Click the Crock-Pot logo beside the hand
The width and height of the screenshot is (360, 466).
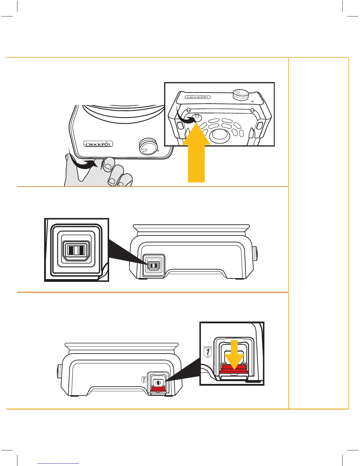coord(98,144)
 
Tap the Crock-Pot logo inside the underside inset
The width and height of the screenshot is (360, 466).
coord(197,97)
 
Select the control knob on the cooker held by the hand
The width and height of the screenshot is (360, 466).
coord(148,146)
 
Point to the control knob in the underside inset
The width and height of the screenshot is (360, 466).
coord(241,95)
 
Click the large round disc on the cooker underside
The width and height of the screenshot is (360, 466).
coord(219,134)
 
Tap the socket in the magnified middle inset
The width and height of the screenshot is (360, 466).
coord(76,250)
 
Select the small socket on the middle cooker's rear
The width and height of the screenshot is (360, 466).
coord(153,266)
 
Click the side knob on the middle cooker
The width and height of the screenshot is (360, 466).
coord(255,253)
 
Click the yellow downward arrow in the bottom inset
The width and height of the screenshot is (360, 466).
coord(234,355)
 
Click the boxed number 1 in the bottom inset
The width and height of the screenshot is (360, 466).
coord(208,352)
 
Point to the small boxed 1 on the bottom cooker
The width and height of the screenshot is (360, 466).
coord(144,380)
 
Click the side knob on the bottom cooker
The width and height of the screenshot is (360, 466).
coord(59,372)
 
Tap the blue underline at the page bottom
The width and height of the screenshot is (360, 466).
coord(59,464)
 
